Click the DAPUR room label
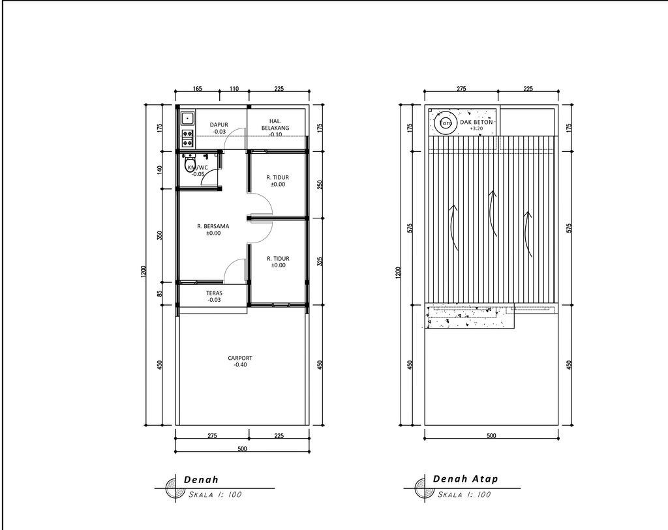(x=219, y=125)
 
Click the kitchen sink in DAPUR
(x=187, y=118)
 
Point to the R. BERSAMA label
(x=213, y=226)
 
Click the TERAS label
(x=214, y=293)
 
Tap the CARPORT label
(x=240, y=358)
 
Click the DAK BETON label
(x=476, y=122)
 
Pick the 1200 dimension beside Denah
(x=143, y=272)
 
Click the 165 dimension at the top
(x=197, y=89)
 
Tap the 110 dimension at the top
(x=234, y=89)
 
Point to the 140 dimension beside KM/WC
(x=160, y=170)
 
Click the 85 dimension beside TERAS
(x=160, y=294)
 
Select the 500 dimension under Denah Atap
(x=491, y=435)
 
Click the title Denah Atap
(x=465, y=479)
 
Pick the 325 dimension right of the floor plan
(x=320, y=261)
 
